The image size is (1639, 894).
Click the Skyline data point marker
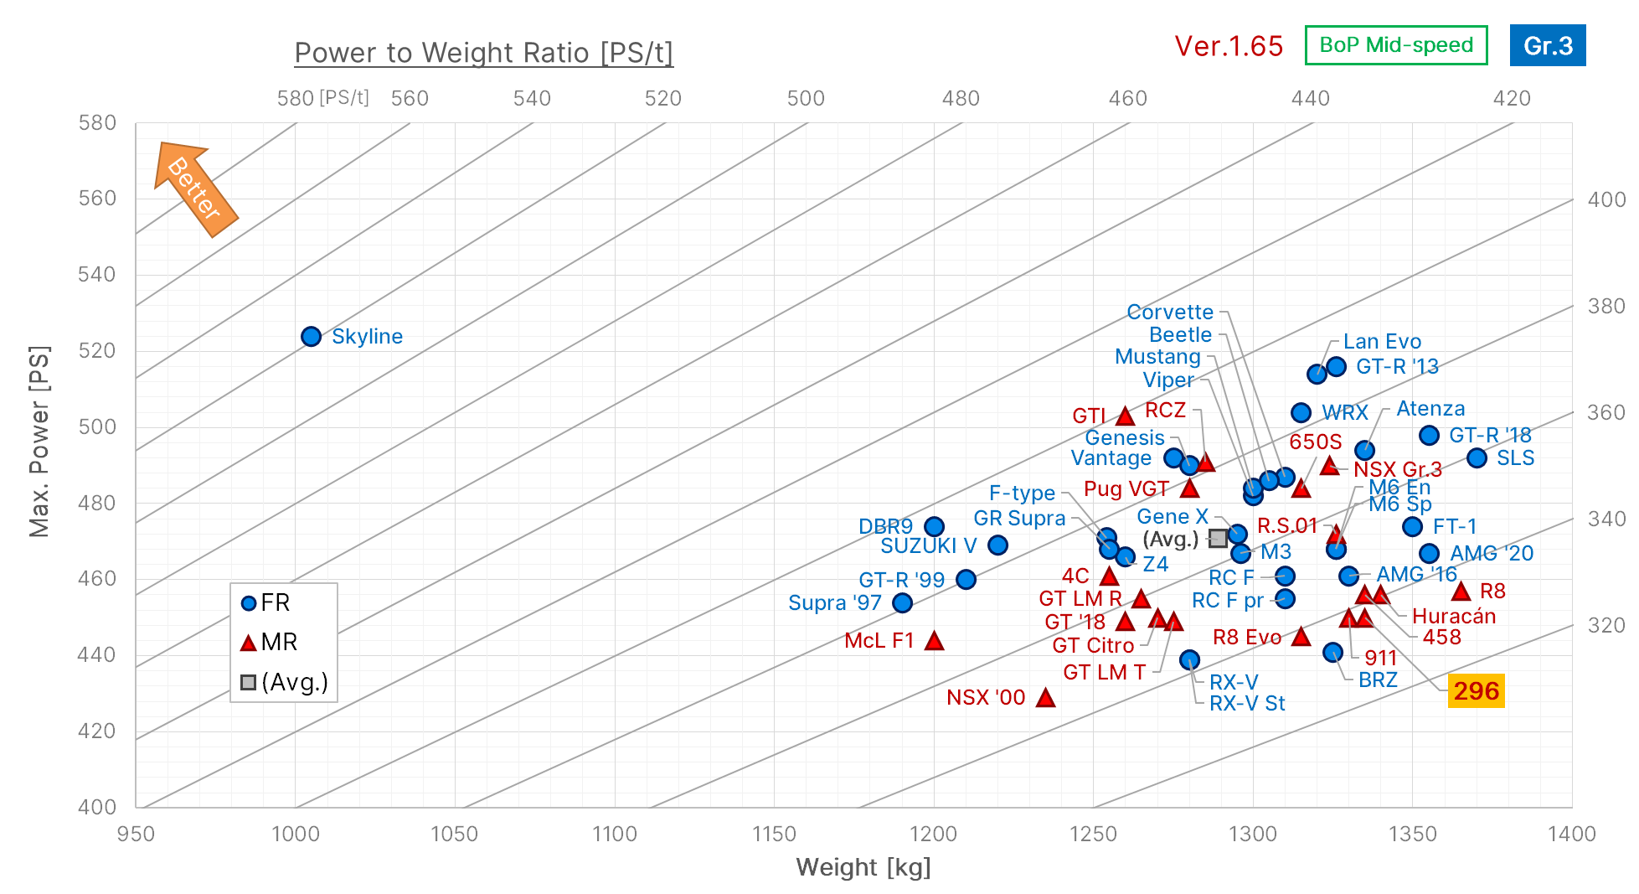coord(311,336)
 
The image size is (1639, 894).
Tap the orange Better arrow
coord(195,189)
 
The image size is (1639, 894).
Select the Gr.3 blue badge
coord(1547,45)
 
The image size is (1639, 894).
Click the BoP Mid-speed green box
coord(1395,45)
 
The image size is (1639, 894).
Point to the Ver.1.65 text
coord(1228,46)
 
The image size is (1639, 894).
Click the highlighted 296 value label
coord(1476,691)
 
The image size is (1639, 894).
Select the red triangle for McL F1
coord(934,641)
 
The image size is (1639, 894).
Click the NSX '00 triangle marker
coord(1045,698)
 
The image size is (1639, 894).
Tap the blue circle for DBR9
coord(934,526)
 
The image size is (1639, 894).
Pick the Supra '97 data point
coord(902,602)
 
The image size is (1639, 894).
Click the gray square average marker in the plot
coord(1218,538)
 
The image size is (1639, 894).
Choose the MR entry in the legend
coord(270,643)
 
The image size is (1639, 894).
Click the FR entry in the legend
coord(266,602)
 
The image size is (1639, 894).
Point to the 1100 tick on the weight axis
coord(614,834)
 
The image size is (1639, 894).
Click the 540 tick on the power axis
coord(97,275)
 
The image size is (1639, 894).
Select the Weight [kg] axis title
coord(863,867)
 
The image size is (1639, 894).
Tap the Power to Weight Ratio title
coord(483,53)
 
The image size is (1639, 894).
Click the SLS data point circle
coord(1477,457)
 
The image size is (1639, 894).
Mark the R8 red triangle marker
coord(1461,592)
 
